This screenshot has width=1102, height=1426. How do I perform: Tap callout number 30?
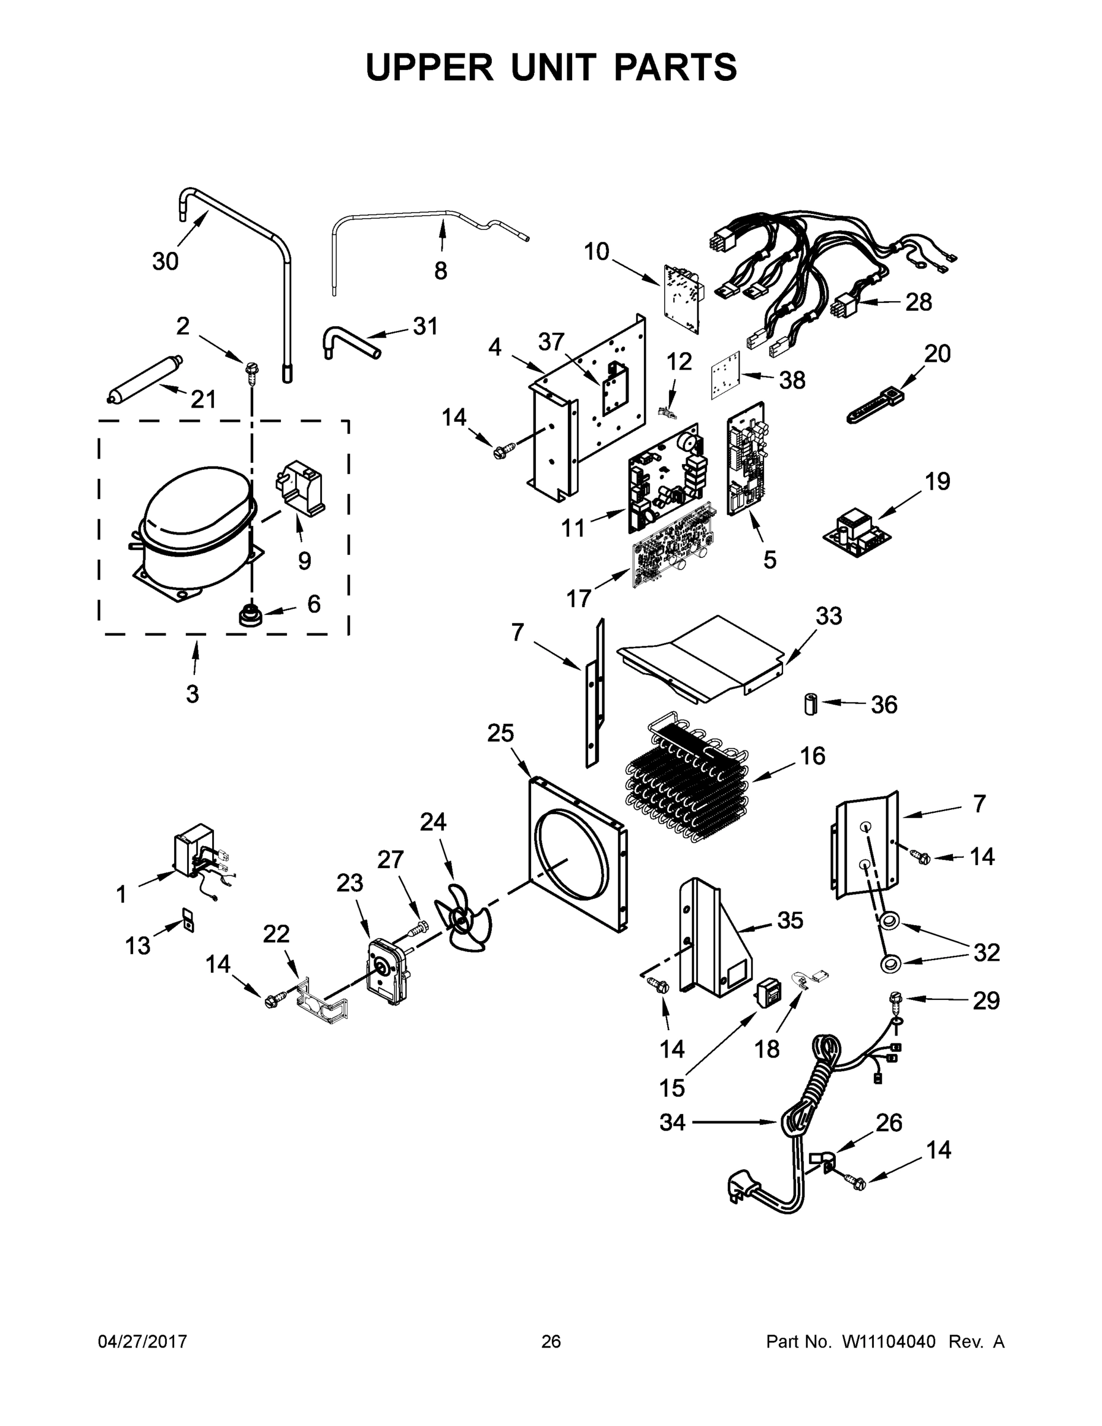point(165,261)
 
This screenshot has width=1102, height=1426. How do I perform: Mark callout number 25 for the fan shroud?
point(500,734)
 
